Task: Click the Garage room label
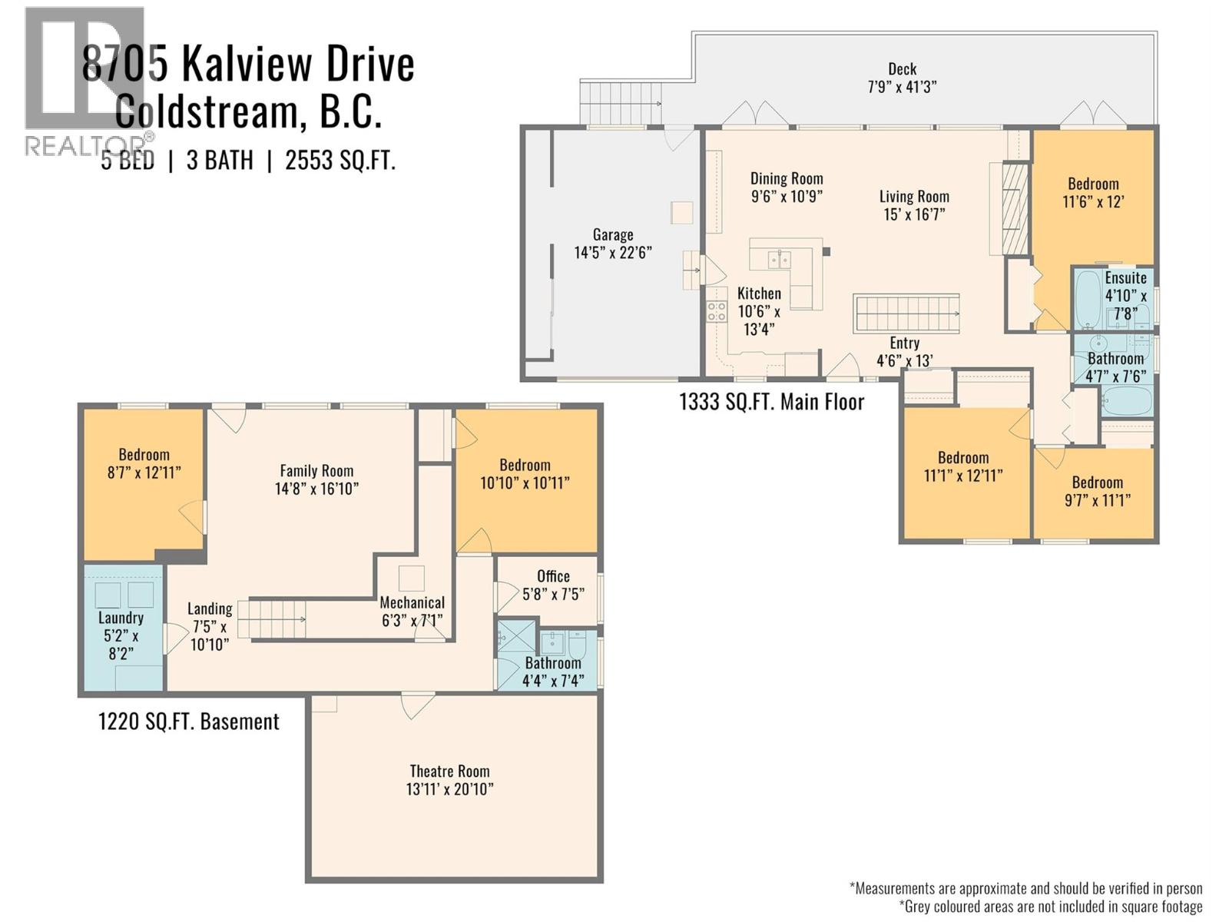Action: tap(612, 235)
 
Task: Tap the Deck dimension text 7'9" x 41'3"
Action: tap(902, 87)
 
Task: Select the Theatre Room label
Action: tap(449, 771)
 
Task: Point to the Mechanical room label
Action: tap(412, 602)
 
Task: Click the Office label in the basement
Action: tap(553, 576)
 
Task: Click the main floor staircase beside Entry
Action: tap(906, 313)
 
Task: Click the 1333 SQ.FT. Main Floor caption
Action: tap(771, 402)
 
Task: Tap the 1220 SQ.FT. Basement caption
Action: tap(189, 721)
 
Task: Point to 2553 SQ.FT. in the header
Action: tap(340, 161)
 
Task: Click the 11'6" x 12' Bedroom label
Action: tap(1093, 193)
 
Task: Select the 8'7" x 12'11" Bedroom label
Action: tap(144, 463)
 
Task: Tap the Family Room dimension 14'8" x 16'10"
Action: tap(316, 489)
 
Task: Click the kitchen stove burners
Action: tap(716, 311)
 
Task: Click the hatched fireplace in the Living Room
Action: tap(1015, 208)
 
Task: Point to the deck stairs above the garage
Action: tap(621, 103)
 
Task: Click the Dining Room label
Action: tap(787, 178)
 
